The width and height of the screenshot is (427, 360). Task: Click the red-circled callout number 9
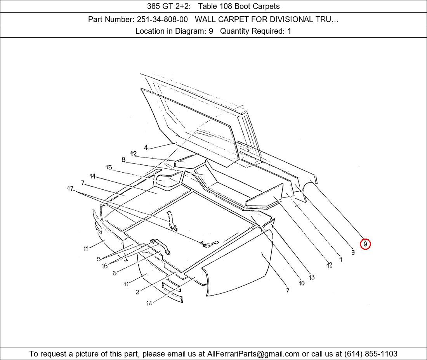365,244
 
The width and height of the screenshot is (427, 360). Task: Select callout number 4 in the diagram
146,148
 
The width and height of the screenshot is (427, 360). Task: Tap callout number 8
123,160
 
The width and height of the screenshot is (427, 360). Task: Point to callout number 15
109,167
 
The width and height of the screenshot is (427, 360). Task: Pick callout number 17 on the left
70,188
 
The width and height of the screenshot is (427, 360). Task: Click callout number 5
99,259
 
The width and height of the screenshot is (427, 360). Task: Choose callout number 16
104,266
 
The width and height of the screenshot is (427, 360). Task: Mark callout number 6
115,273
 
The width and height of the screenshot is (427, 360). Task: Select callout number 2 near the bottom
137,292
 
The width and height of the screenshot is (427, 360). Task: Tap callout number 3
353,252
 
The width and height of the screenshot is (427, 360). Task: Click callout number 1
340,260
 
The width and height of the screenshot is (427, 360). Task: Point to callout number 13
312,277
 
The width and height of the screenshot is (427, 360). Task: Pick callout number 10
302,283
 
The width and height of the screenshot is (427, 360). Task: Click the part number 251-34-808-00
162,19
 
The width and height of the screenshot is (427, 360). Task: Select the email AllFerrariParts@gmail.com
253,354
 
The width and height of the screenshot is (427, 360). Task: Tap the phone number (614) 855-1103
371,354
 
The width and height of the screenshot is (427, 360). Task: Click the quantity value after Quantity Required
289,31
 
